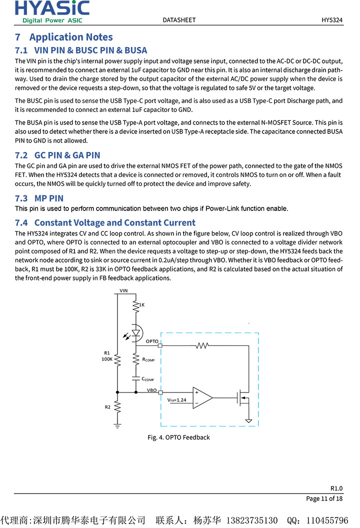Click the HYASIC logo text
pyautogui.click(x=52, y=8)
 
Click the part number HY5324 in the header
pyautogui.click(x=332, y=20)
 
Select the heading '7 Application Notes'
pyautogui.click(x=64, y=37)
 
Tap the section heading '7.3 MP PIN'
pyautogui.click(x=39, y=198)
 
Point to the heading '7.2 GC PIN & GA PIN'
pyautogui.click(x=57, y=155)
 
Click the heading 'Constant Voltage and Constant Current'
pyautogui.click(x=114, y=222)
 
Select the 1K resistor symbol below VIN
pyautogui.click(x=135, y=304)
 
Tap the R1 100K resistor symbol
pyautogui.click(x=117, y=358)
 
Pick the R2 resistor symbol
pyautogui.click(x=117, y=407)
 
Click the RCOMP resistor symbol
pyautogui.click(x=135, y=358)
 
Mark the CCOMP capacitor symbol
pyautogui.click(x=135, y=379)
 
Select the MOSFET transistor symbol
pyautogui.click(x=244, y=398)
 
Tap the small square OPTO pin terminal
pyautogui.click(x=160, y=345)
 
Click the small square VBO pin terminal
pyautogui.click(x=160, y=392)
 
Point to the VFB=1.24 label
pyautogui.click(x=176, y=400)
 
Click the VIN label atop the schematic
pyautogui.click(x=123, y=290)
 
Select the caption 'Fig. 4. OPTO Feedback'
pyautogui.click(x=178, y=437)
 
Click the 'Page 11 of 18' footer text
pyautogui.click(x=324, y=498)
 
